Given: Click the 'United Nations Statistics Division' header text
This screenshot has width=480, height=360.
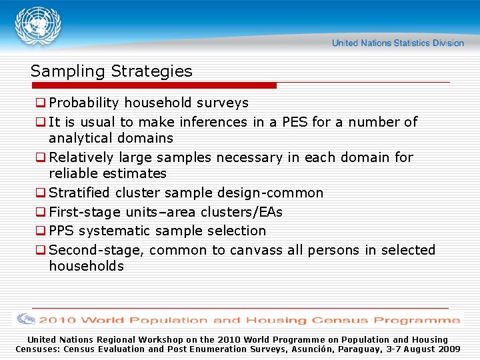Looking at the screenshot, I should click(398, 43).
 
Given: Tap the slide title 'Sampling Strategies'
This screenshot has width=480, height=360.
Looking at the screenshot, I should click(111, 71).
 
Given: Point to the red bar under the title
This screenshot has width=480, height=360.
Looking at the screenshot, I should click(153, 85).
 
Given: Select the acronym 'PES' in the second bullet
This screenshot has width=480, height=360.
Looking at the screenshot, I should click(295, 122).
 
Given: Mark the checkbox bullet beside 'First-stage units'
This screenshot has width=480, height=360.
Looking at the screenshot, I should click(41, 213).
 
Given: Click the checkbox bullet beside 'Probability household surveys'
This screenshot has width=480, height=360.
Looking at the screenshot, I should click(41, 103).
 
